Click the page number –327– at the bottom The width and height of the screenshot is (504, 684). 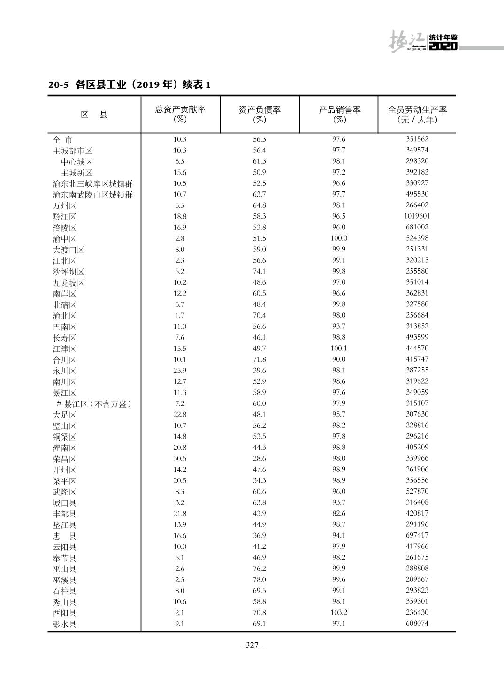[x=252, y=645]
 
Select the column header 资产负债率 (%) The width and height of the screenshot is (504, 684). [x=260, y=114]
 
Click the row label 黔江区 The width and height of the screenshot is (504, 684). [x=64, y=217]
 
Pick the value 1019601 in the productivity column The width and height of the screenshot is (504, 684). [x=417, y=216]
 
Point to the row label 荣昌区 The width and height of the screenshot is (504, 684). [x=64, y=459]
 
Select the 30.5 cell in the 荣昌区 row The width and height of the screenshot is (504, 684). [x=180, y=458]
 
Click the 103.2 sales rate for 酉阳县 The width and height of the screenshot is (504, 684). [x=338, y=612]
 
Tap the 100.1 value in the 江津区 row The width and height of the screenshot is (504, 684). [x=338, y=348]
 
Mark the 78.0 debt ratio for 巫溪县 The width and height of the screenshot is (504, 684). [x=259, y=579]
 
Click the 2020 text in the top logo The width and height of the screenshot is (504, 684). [x=443, y=46]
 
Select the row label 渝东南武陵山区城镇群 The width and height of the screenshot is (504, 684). [x=92, y=195]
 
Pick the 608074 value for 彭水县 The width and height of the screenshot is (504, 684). [x=417, y=623]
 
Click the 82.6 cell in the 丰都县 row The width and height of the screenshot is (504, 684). [x=338, y=513]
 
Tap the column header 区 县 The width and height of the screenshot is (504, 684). [x=94, y=114]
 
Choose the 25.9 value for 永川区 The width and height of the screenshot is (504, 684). [x=180, y=370]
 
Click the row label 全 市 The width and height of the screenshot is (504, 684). [x=62, y=140]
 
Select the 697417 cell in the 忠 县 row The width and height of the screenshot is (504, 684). [x=417, y=535]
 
